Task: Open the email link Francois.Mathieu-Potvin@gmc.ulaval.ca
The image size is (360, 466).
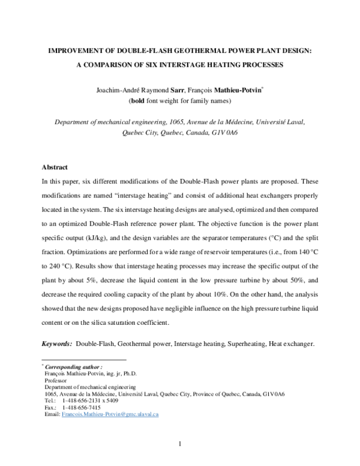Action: point(110,414)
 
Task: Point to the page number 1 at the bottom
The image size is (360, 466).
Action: point(179,444)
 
